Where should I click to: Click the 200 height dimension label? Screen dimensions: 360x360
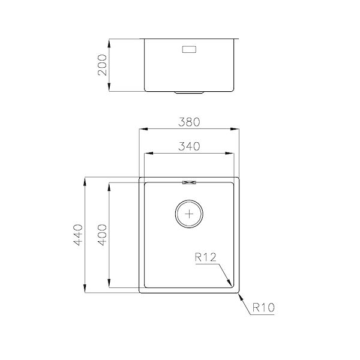[x=101, y=65]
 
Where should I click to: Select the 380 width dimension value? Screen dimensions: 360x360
[x=189, y=122]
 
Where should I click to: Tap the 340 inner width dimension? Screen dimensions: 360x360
[x=189, y=146]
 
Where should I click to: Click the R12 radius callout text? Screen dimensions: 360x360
[x=205, y=258]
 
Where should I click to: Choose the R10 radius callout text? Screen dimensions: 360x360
[x=263, y=308]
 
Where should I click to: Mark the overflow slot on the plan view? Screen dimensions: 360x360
[x=190, y=182]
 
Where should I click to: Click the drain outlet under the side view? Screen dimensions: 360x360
[x=189, y=92]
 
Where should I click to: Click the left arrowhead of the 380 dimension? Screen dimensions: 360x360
[x=143, y=128]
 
